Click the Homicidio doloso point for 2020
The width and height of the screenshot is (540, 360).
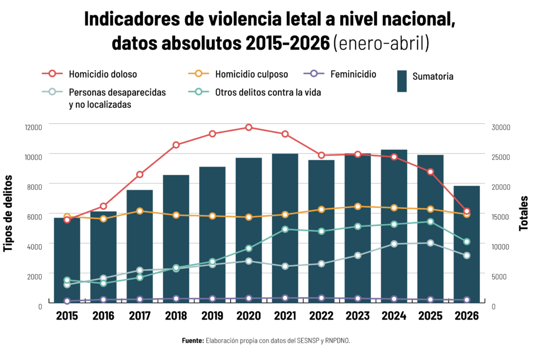click(x=249, y=128)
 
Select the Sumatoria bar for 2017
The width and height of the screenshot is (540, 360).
click(x=139, y=247)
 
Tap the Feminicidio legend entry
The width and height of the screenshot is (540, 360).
click(x=340, y=74)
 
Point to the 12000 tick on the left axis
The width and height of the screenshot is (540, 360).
click(x=33, y=128)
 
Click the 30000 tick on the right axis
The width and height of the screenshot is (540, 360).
click(x=501, y=128)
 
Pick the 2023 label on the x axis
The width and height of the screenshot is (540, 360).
click(x=358, y=316)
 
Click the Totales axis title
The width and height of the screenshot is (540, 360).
click(x=524, y=213)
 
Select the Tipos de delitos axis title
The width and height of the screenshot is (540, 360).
click(x=7, y=213)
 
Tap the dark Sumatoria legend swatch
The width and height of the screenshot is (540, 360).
click(x=401, y=81)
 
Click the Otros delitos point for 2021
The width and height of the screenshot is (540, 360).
click(x=285, y=229)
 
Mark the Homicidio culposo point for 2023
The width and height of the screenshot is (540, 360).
click(x=358, y=207)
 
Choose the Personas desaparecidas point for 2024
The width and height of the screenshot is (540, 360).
click(x=394, y=244)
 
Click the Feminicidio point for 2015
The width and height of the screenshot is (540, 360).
click(x=67, y=301)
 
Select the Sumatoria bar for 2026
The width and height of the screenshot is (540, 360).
click(x=467, y=245)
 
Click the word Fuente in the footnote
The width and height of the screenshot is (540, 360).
click(x=193, y=340)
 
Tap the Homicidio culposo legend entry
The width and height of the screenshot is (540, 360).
click(x=238, y=74)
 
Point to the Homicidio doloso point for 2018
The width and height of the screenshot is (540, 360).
click(x=176, y=145)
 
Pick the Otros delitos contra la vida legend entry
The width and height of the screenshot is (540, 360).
click(x=255, y=92)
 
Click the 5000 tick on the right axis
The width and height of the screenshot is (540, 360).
click(x=499, y=277)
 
